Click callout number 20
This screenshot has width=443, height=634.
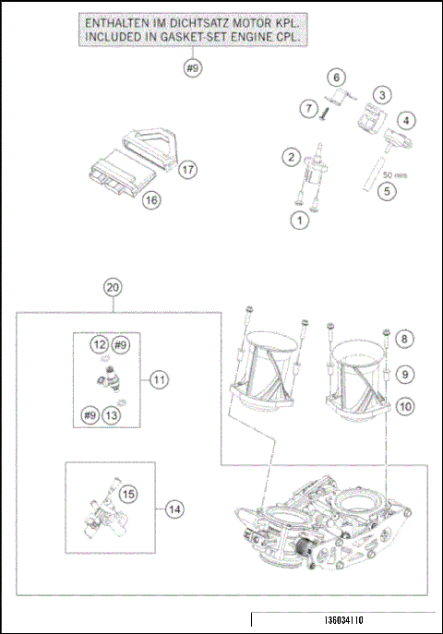pyautogui.click(x=113, y=287)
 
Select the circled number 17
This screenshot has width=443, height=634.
pyautogui.click(x=188, y=170)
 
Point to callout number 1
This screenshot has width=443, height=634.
pyautogui.click(x=299, y=220)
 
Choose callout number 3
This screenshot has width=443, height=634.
pyautogui.click(x=381, y=93)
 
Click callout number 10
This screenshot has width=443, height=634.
pyautogui.click(x=407, y=405)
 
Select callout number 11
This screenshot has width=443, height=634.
pyautogui.click(x=159, y=379)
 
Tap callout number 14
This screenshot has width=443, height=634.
pyautogui.click(x=174, y=507)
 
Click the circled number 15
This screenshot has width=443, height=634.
pyautogui.click(x=128, y=495)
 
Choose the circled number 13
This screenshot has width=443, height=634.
pyautogui.click(x=112, y=414)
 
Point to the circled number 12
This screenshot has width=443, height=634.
pyautogui.click(x=99, y=344)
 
